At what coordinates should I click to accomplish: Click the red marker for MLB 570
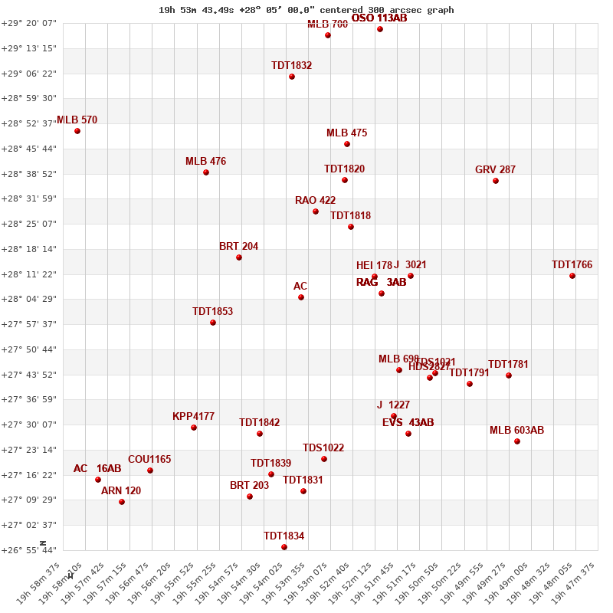point(77,131)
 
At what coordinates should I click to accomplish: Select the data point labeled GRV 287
point(496,181)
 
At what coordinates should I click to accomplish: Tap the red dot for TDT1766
point(572,276)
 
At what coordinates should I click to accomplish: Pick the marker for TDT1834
point(284,547)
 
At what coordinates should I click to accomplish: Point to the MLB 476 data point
point(206,172)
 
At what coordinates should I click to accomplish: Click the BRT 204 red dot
point(239,257)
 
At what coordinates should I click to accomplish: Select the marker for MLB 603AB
point(517,441)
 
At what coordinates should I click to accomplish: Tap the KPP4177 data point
point(194,428)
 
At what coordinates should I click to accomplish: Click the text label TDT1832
point(291,66)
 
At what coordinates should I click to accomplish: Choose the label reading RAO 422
point(315,201)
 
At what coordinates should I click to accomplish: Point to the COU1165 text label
point(149,460)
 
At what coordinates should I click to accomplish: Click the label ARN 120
point(121,491)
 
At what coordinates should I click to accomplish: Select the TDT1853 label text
point(212,312)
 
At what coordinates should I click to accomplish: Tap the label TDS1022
point(323,448)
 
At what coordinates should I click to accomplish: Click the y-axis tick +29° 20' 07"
point(29,23)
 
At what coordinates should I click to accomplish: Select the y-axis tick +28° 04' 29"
point(29,299)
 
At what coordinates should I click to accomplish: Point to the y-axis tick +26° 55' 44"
point(29,550)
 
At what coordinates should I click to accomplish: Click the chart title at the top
point(306,10)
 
